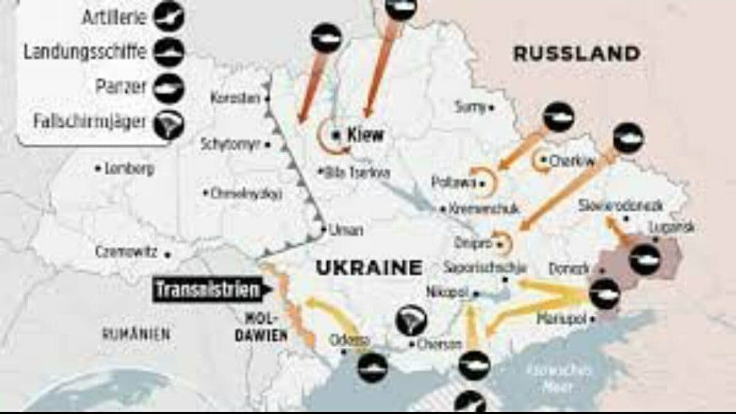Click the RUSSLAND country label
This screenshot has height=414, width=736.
pos(577,54)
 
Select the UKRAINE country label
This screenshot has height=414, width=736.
pos(369,268)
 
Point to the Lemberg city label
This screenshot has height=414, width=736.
pos(129,168)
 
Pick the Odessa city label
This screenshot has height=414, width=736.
pos(350,340)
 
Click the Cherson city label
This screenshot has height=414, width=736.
pos(434,344)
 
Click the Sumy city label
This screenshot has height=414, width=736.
pos(471,106)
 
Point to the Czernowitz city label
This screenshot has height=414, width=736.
pos(126,252)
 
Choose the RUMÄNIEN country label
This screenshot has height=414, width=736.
pos(136,334)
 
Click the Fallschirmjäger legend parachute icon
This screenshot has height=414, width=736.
pos(168,125)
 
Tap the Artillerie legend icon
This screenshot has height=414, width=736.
pos(168,18)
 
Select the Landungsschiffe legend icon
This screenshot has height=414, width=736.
pos(168,52)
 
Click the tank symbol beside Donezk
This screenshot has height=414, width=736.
pos(604,295)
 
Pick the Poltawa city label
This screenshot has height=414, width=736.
pos(453,182)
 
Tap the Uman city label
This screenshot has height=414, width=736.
pos(346,231)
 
